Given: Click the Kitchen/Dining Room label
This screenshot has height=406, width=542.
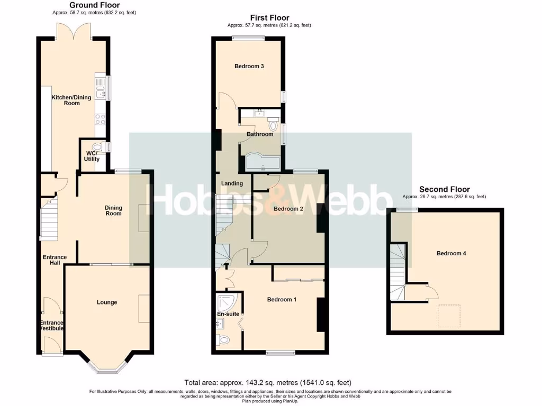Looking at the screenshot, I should point(71,100).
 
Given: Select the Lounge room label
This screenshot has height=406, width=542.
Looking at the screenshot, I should point(107,302).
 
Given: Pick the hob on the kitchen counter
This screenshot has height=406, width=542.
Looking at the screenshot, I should point(100,119).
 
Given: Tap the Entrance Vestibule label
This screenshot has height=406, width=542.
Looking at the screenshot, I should point(52,326).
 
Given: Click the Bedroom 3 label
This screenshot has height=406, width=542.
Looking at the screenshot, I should point(249,66).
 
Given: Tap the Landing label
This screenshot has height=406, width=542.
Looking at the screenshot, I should point(232,183).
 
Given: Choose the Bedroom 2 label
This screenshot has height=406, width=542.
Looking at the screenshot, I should point(288,208).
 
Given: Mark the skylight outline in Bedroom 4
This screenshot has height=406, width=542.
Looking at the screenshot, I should point(449,316).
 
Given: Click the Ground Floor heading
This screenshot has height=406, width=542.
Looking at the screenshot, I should point(95,5).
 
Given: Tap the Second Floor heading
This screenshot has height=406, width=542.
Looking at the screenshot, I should point(444,189).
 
